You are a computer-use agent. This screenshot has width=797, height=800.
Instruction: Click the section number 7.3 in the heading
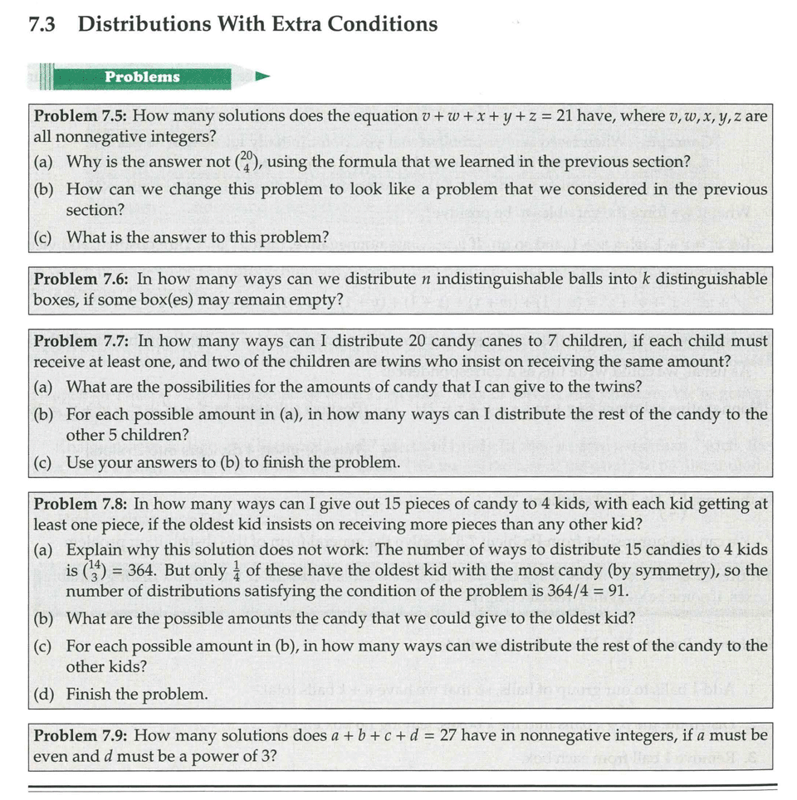click(42, 24)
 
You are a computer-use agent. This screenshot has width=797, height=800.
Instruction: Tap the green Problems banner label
click(142, 77)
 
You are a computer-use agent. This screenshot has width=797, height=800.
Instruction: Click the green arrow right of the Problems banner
click(262, 77)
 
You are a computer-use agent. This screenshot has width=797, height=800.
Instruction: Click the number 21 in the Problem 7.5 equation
click(565, 115)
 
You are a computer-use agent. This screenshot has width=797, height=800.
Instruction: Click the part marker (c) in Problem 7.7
click(45, 462)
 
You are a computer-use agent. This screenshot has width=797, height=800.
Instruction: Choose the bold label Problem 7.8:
click(80, 504)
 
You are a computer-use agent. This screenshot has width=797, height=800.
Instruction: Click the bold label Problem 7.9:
click(80, 736)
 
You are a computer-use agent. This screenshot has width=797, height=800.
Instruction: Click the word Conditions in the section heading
click(382, 24)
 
